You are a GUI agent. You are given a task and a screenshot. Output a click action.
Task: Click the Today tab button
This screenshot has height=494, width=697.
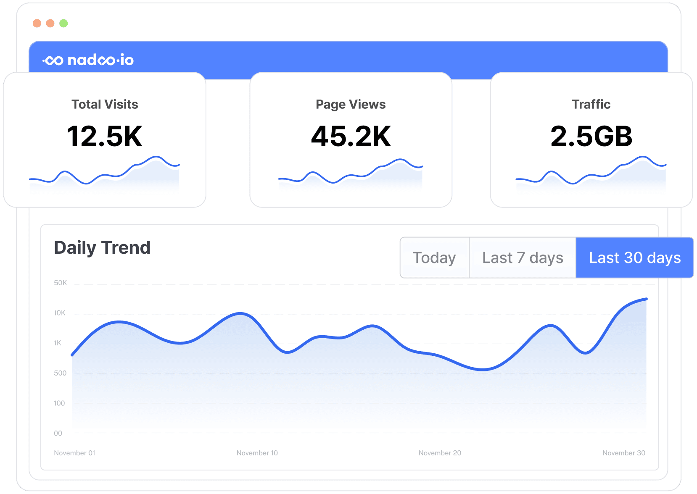click(434, 258)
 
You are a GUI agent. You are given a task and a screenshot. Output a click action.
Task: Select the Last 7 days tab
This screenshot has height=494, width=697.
click(523, 258)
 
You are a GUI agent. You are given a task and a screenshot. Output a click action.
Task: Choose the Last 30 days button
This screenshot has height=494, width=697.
click(634, 258)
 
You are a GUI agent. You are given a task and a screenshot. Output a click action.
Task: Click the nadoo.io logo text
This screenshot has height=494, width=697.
click(88, 60)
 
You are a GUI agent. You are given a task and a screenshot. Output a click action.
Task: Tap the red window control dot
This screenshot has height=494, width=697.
click(37, 23)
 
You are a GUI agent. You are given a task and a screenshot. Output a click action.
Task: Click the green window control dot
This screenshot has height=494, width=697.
click(63, 23)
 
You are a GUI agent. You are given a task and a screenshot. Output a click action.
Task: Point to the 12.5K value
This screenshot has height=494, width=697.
click(105, 137)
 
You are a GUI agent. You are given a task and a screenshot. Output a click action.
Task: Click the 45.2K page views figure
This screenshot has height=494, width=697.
click(351, 137)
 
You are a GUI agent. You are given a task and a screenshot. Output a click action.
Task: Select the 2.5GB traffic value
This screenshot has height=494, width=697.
click(591, 137)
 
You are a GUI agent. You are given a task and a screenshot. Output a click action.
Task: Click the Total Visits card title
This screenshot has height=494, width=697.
click(105, 104)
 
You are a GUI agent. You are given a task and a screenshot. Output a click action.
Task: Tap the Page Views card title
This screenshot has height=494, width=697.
click(351, 104)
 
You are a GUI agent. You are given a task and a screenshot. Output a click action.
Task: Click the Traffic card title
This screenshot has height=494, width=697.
click(591, 104)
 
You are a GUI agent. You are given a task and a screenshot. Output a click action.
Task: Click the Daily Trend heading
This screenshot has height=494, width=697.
click(102, 247)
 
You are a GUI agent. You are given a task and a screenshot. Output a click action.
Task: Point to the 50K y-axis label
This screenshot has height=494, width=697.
click(60, 283)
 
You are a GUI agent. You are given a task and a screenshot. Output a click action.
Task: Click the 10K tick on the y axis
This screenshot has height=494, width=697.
click(60, 313)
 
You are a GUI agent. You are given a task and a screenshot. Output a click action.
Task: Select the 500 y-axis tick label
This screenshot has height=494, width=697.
click(60, 373)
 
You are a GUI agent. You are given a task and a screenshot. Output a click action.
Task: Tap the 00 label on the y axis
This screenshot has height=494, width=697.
click(58, 433)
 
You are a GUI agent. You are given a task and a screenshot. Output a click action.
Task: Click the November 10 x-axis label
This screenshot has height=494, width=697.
click(257, 453)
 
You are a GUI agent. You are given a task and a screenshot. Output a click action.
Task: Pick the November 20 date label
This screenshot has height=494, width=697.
click(440, 453)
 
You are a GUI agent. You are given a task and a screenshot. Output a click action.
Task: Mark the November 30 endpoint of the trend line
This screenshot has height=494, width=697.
click(646, 299)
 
